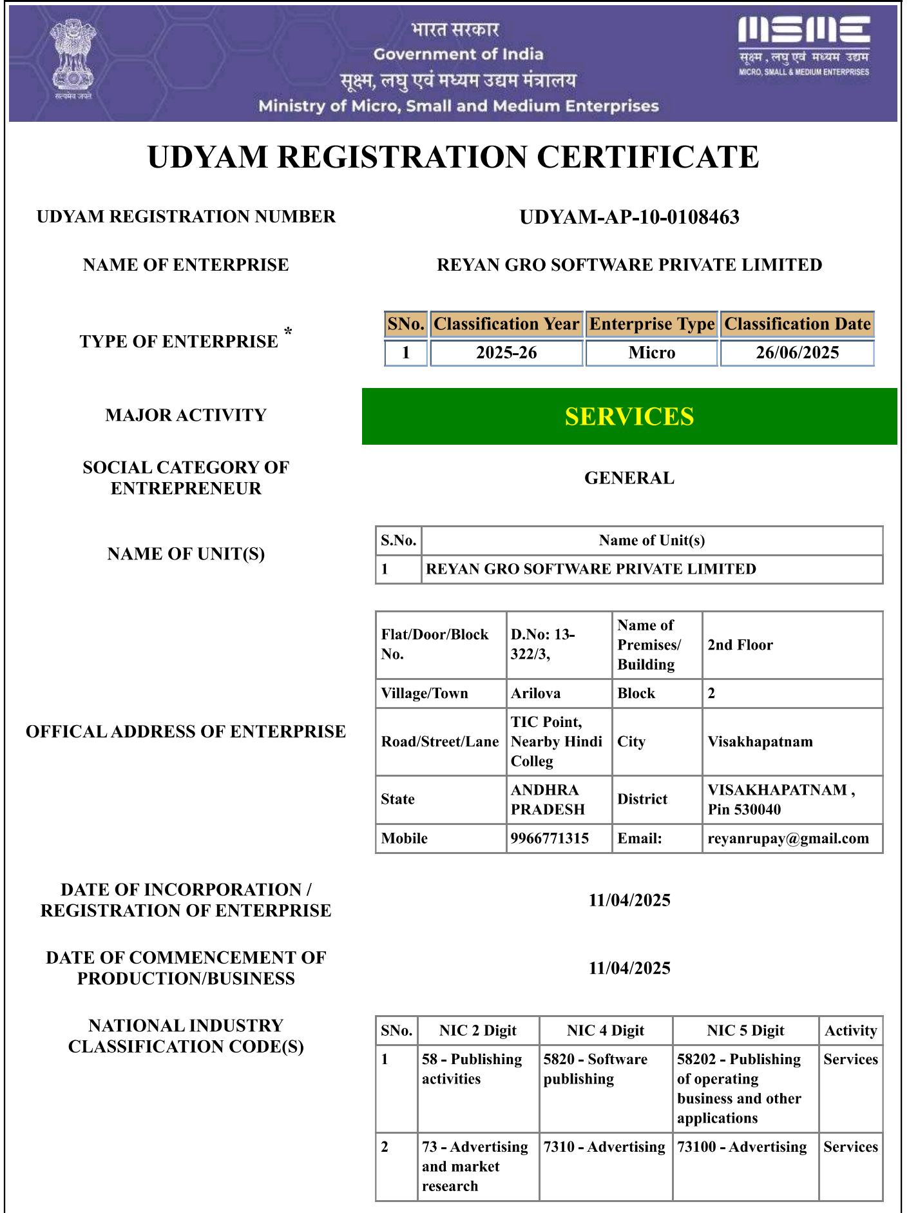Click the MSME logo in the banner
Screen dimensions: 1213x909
(804, 46)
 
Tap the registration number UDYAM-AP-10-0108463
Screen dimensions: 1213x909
(629, 217)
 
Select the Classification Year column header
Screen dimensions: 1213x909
(506, 324)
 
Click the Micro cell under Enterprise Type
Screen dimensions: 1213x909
(652, 353)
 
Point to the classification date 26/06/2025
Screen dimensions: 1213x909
(798, 353)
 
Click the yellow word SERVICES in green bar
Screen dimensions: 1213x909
(629, 416)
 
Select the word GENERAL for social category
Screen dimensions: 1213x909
(629, 478)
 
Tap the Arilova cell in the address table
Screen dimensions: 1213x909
(536, 694)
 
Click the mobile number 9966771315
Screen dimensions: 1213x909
(550, 839)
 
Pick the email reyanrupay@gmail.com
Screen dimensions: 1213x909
(788, 839)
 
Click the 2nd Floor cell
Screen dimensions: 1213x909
(740, 645)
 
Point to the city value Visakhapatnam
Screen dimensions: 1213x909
(760, 742)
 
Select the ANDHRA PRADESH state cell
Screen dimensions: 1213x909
(548, 799)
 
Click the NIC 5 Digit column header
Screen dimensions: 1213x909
(745, 1031)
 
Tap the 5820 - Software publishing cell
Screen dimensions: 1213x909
(595, 1069)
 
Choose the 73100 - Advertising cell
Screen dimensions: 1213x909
(742, 1147)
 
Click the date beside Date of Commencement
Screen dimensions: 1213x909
(629, 968)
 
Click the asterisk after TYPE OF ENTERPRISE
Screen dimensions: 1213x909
(288, 332)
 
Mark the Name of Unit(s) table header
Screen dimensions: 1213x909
(651, 541)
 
